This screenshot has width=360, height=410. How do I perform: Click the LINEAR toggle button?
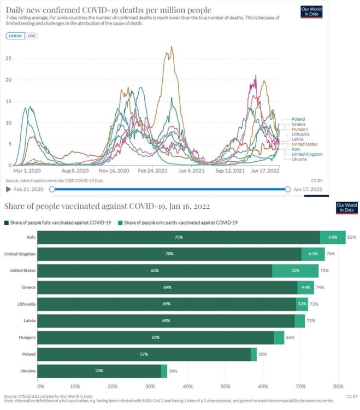16,36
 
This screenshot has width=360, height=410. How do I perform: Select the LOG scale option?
32,36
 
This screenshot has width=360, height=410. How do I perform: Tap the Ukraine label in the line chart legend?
299,159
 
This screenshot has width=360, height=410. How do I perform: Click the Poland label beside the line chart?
298,119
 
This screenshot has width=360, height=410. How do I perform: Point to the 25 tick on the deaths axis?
8,58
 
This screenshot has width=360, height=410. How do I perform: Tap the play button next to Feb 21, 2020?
8,189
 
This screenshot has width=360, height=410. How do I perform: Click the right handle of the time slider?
288,189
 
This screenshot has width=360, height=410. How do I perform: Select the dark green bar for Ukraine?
99,371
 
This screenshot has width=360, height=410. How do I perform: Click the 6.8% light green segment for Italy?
333,237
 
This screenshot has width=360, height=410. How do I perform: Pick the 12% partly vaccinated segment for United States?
295,271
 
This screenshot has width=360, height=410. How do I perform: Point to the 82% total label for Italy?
351,237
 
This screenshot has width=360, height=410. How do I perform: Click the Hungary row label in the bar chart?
27,337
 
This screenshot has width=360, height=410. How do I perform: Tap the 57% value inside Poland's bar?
144,354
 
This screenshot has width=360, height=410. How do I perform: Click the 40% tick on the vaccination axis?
187,385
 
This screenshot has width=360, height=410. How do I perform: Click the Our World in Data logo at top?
311,11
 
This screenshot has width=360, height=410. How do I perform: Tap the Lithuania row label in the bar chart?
25,304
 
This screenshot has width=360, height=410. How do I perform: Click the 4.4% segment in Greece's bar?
305,288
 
